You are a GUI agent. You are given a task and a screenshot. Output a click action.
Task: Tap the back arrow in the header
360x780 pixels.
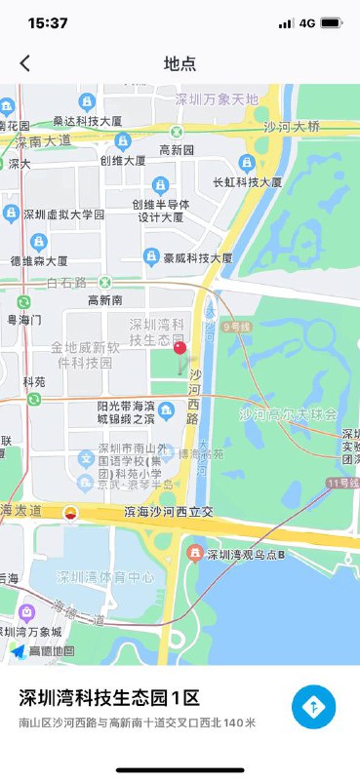coord(25,63)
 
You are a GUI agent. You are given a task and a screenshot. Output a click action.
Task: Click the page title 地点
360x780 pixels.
coord(180,63)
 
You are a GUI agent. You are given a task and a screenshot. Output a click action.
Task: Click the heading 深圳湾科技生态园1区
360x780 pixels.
coord(109,698)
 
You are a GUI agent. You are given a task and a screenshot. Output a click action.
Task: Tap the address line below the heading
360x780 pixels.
coord(137,722)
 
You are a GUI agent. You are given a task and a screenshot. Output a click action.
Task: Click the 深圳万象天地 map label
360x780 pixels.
coord(217,98)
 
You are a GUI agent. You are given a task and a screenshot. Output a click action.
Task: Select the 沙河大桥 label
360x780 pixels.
coord(292,126)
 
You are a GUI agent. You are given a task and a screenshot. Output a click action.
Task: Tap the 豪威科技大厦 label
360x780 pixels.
coord(198,258)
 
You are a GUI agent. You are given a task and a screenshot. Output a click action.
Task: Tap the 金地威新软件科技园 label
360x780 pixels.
coord(85,355)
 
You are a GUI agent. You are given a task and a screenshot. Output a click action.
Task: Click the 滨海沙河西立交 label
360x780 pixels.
coord(162,512)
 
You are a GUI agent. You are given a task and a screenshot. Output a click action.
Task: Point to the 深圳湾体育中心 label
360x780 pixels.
coord(105,577)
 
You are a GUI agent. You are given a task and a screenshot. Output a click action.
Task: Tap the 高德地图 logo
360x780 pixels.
coord(43,650)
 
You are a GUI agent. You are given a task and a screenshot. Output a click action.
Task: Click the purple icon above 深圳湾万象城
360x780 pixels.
coord(27,613)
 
